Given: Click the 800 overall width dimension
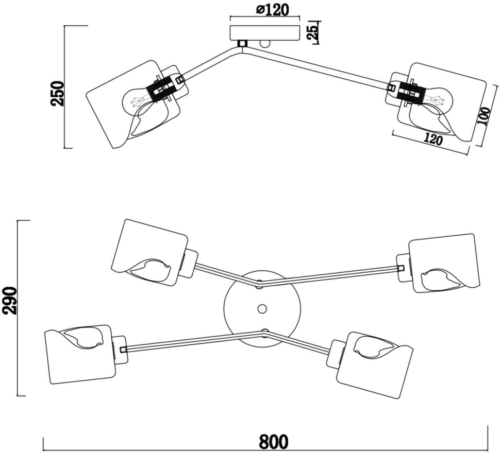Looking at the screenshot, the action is tap(274, 441).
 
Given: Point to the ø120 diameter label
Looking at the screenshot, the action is tap(272, 10).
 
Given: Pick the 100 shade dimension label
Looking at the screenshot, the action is tap(484, 116).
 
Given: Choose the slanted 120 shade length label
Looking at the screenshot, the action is tap(433, 139).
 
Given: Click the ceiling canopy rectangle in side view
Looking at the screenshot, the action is tap(265, 32).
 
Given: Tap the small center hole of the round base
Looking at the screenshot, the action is tap(262, 308).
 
